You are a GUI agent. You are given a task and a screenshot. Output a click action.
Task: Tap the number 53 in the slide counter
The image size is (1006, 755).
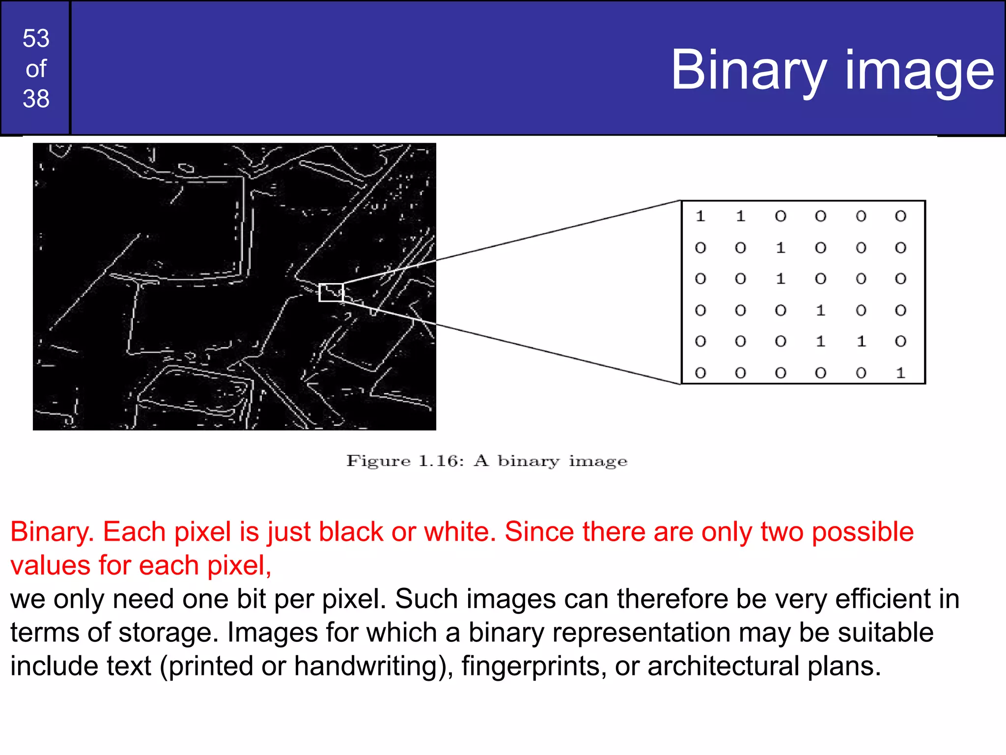coord(36,38)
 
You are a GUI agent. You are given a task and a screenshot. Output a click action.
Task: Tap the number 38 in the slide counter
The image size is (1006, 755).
coord(36,99)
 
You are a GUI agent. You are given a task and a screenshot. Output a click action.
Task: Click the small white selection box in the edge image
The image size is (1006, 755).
coord(331,292)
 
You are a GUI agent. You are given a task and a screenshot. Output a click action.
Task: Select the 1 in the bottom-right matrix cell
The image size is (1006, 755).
coord(900,373)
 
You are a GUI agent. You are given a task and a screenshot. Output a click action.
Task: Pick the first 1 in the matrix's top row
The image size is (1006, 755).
coord(700,216)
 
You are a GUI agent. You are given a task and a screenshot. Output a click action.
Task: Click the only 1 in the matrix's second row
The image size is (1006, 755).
coord(781,248)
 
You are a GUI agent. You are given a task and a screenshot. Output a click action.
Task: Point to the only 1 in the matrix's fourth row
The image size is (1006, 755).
coord(821,310)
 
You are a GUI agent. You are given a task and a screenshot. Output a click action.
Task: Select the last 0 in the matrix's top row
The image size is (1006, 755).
coord(900,216)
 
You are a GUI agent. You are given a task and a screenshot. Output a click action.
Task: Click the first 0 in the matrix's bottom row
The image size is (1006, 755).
coord(700,373)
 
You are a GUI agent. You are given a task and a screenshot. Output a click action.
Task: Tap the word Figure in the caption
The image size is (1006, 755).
coord(378,461)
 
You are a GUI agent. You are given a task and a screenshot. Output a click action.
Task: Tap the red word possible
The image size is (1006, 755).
coord(862,532)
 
